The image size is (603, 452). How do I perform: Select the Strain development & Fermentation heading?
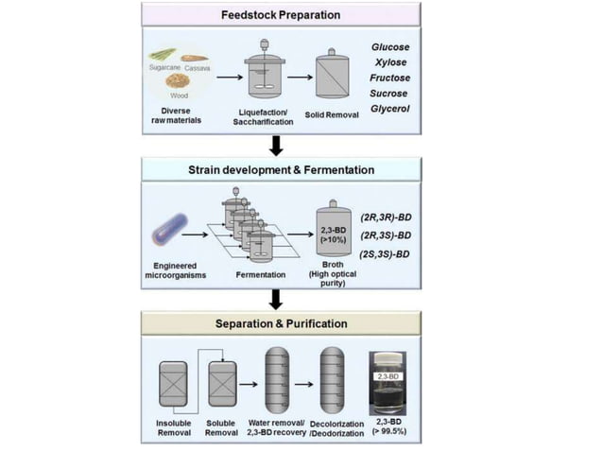coord(274,169)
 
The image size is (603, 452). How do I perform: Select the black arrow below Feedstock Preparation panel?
coord(276,145)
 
